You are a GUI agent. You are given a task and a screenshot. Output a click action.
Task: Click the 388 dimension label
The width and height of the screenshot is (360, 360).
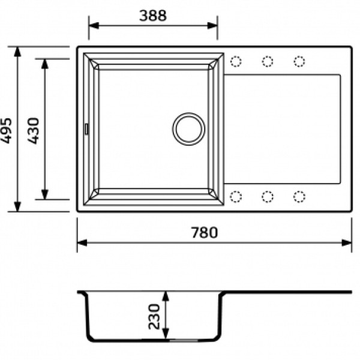[153, 16]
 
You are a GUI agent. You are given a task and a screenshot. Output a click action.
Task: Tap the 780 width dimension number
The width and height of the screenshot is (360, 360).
[205, 232]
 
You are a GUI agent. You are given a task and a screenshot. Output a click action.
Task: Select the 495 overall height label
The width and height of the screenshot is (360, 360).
[6, 131]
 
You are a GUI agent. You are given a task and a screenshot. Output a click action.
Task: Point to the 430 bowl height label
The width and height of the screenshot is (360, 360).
[34, 131]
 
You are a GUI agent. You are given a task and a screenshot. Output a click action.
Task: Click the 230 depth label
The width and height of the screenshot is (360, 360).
[154, 317]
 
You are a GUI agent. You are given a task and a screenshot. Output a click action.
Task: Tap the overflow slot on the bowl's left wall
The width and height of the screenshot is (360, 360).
[86, 129]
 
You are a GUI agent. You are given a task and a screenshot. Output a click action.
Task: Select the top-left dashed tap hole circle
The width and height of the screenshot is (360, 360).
[236, 62]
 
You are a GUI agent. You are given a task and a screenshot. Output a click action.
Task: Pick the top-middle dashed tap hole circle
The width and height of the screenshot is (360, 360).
[268, 62]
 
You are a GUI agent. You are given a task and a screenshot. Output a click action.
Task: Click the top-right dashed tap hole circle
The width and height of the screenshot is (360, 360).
[299, 62]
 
